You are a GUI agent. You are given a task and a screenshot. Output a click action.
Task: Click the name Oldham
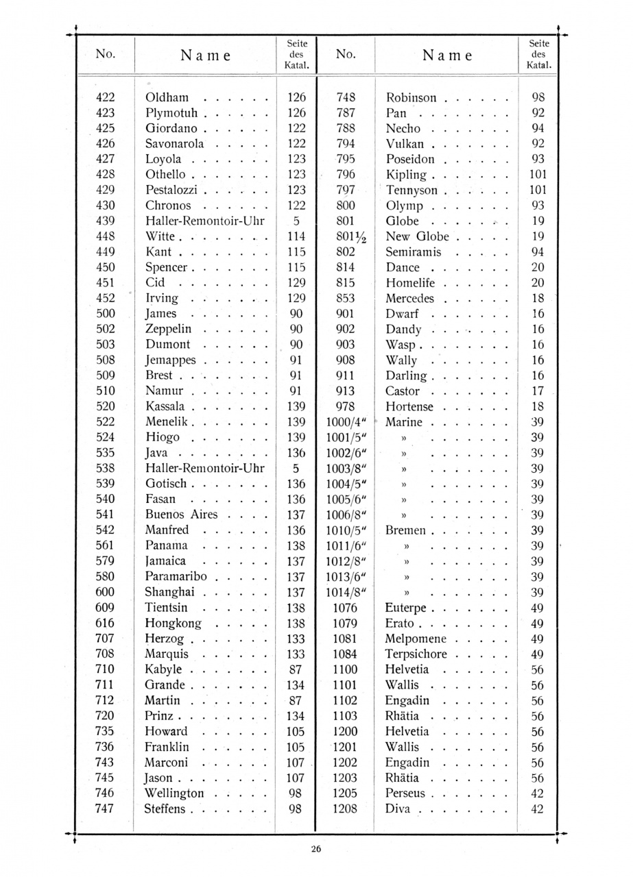(167, 97)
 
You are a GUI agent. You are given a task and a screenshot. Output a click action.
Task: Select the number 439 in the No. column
(106, 221)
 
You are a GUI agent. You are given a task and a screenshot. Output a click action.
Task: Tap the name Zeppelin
(168, 329)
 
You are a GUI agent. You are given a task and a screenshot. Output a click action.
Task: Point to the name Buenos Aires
(181, 515)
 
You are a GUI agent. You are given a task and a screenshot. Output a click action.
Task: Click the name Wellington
(174, 793)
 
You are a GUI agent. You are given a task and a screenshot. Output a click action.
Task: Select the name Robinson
(411, 97)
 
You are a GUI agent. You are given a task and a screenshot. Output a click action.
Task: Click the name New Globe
(417, 236)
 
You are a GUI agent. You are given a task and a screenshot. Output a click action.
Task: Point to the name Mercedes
(409, 298)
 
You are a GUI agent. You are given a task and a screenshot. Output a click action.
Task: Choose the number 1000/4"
(345, 422)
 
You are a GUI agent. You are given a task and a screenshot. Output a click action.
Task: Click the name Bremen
(405, 530)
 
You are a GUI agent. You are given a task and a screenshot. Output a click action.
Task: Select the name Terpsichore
(416, 654)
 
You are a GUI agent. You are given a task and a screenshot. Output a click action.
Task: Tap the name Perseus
(405, 793)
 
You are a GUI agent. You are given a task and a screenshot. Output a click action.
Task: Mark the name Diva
(398, 808)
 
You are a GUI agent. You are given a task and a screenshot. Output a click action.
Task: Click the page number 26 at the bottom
(315, 849)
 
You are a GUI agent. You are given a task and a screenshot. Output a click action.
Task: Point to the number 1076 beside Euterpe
(345, 608)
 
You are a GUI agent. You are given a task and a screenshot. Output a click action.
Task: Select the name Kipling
(406, 175)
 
